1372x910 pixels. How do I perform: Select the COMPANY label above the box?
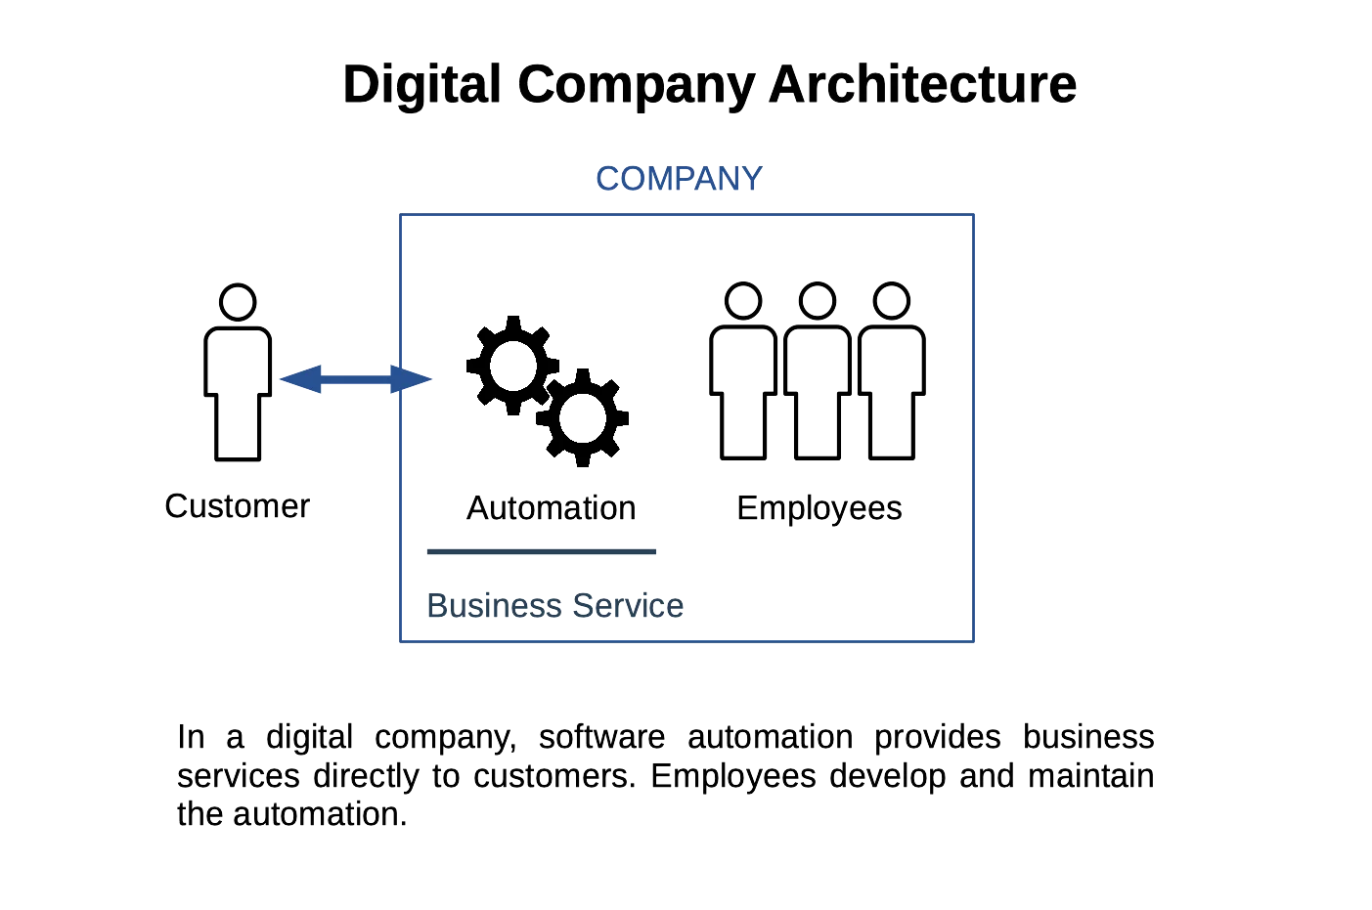(679, 179)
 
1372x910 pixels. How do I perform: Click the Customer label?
(237, 506)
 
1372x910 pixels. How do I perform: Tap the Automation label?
(551, 509)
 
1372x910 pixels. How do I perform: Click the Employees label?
(819, 509)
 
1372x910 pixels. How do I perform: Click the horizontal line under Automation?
(541, 551)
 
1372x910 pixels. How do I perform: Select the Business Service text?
(554, 606)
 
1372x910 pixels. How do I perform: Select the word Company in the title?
(636, 85)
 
